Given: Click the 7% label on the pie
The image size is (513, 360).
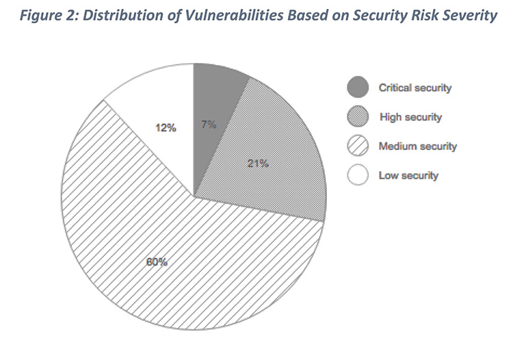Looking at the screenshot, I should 209,125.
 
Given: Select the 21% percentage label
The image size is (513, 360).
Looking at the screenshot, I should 258,164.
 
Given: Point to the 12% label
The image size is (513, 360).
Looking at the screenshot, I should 166,127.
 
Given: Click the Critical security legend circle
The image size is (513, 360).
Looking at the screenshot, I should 358,88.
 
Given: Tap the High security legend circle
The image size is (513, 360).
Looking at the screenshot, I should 358,117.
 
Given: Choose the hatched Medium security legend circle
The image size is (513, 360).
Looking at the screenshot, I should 358,146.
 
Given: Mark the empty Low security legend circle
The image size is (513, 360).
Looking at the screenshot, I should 358,176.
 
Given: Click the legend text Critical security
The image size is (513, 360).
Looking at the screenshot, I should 415,88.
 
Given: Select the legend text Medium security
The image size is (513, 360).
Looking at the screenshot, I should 418,146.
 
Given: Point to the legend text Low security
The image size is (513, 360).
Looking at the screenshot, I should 408,176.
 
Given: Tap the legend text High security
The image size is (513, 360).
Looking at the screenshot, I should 410,117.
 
